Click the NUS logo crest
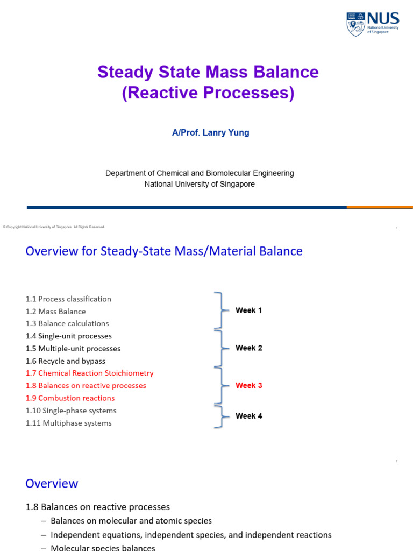(355, 24)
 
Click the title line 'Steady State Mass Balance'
(208, 72)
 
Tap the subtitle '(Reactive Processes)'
(208, 93)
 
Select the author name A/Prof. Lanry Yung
(210, 132)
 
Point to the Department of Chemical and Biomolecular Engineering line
(200, 173)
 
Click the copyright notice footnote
(54, 227)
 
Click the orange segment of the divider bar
(380, 207)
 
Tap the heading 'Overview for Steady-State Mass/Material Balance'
(164, 251)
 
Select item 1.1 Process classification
(68, 299)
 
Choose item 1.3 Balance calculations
(67, 323)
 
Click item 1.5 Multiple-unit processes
(73, 348)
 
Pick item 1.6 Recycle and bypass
(66, 361)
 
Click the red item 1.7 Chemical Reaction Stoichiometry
(89, 373)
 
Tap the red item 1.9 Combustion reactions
(70, 398)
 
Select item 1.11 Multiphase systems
(69, 423)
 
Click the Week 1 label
(249, 310)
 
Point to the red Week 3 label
(249, 385)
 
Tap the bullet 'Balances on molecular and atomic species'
(131, 521)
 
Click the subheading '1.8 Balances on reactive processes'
(98, 507)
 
